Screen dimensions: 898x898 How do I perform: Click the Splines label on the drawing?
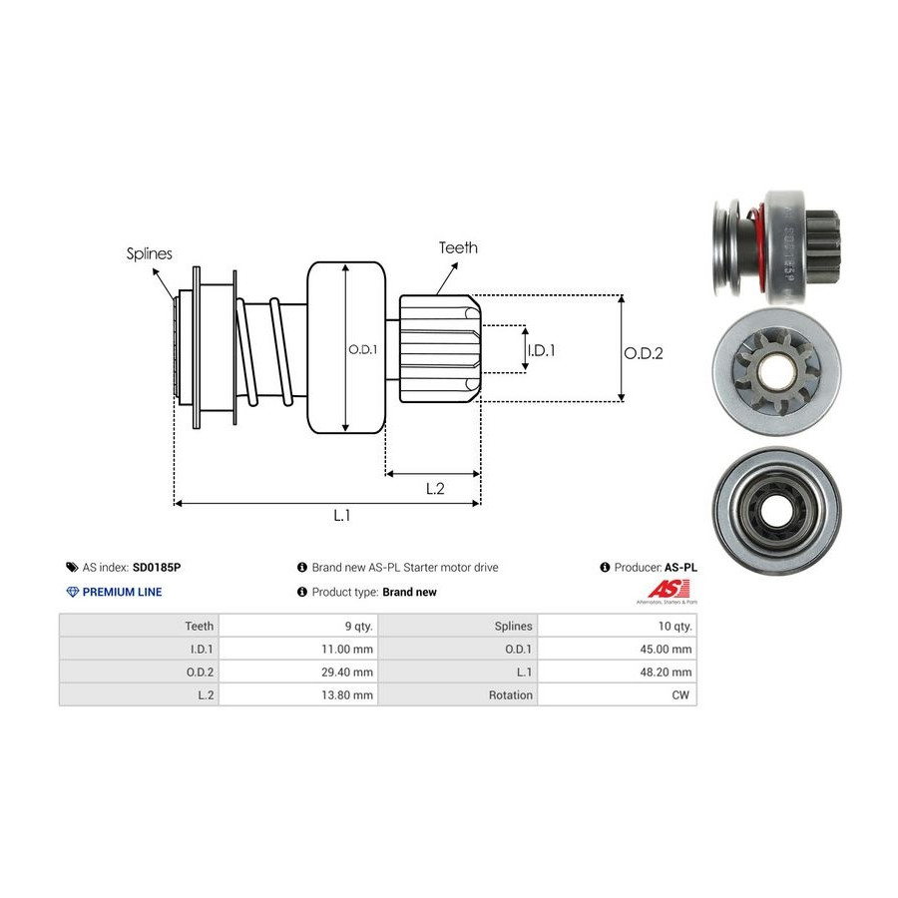pos(149,253)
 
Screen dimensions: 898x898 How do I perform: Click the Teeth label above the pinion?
pos(458,247)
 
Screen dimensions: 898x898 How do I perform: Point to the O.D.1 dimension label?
pos(361,349)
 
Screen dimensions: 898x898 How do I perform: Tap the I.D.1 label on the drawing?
pos(541,350)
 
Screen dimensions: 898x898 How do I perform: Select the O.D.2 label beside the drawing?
pos(644,352)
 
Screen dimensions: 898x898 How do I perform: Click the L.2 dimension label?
pos(434,488)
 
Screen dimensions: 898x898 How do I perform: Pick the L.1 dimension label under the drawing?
pos(341,515)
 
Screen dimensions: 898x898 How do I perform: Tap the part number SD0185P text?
pos(157,567)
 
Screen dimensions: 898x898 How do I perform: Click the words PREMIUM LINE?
pos(122,592)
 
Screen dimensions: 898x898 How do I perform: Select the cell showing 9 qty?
pos(358,626)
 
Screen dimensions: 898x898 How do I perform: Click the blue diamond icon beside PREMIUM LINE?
pos(72,592)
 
